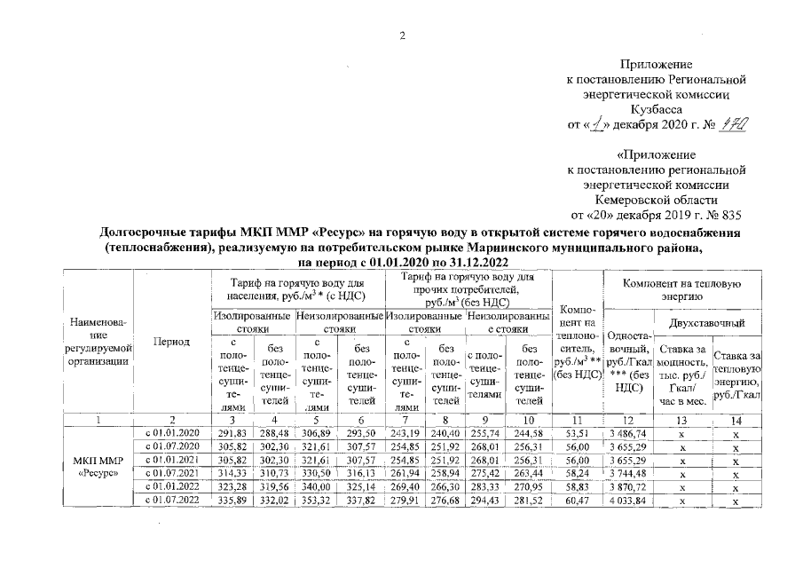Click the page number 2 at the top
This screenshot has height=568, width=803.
(401, 36)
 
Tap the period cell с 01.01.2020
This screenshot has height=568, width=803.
(170, 432)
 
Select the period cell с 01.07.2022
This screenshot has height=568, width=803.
(170, 500)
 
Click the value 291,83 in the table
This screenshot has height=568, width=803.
(230, 432)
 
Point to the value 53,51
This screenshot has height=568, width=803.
(577, 432)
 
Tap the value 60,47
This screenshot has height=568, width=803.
(577, 500)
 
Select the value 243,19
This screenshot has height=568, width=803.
(405, 432)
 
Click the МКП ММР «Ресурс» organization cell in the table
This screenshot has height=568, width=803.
(98, 466)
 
